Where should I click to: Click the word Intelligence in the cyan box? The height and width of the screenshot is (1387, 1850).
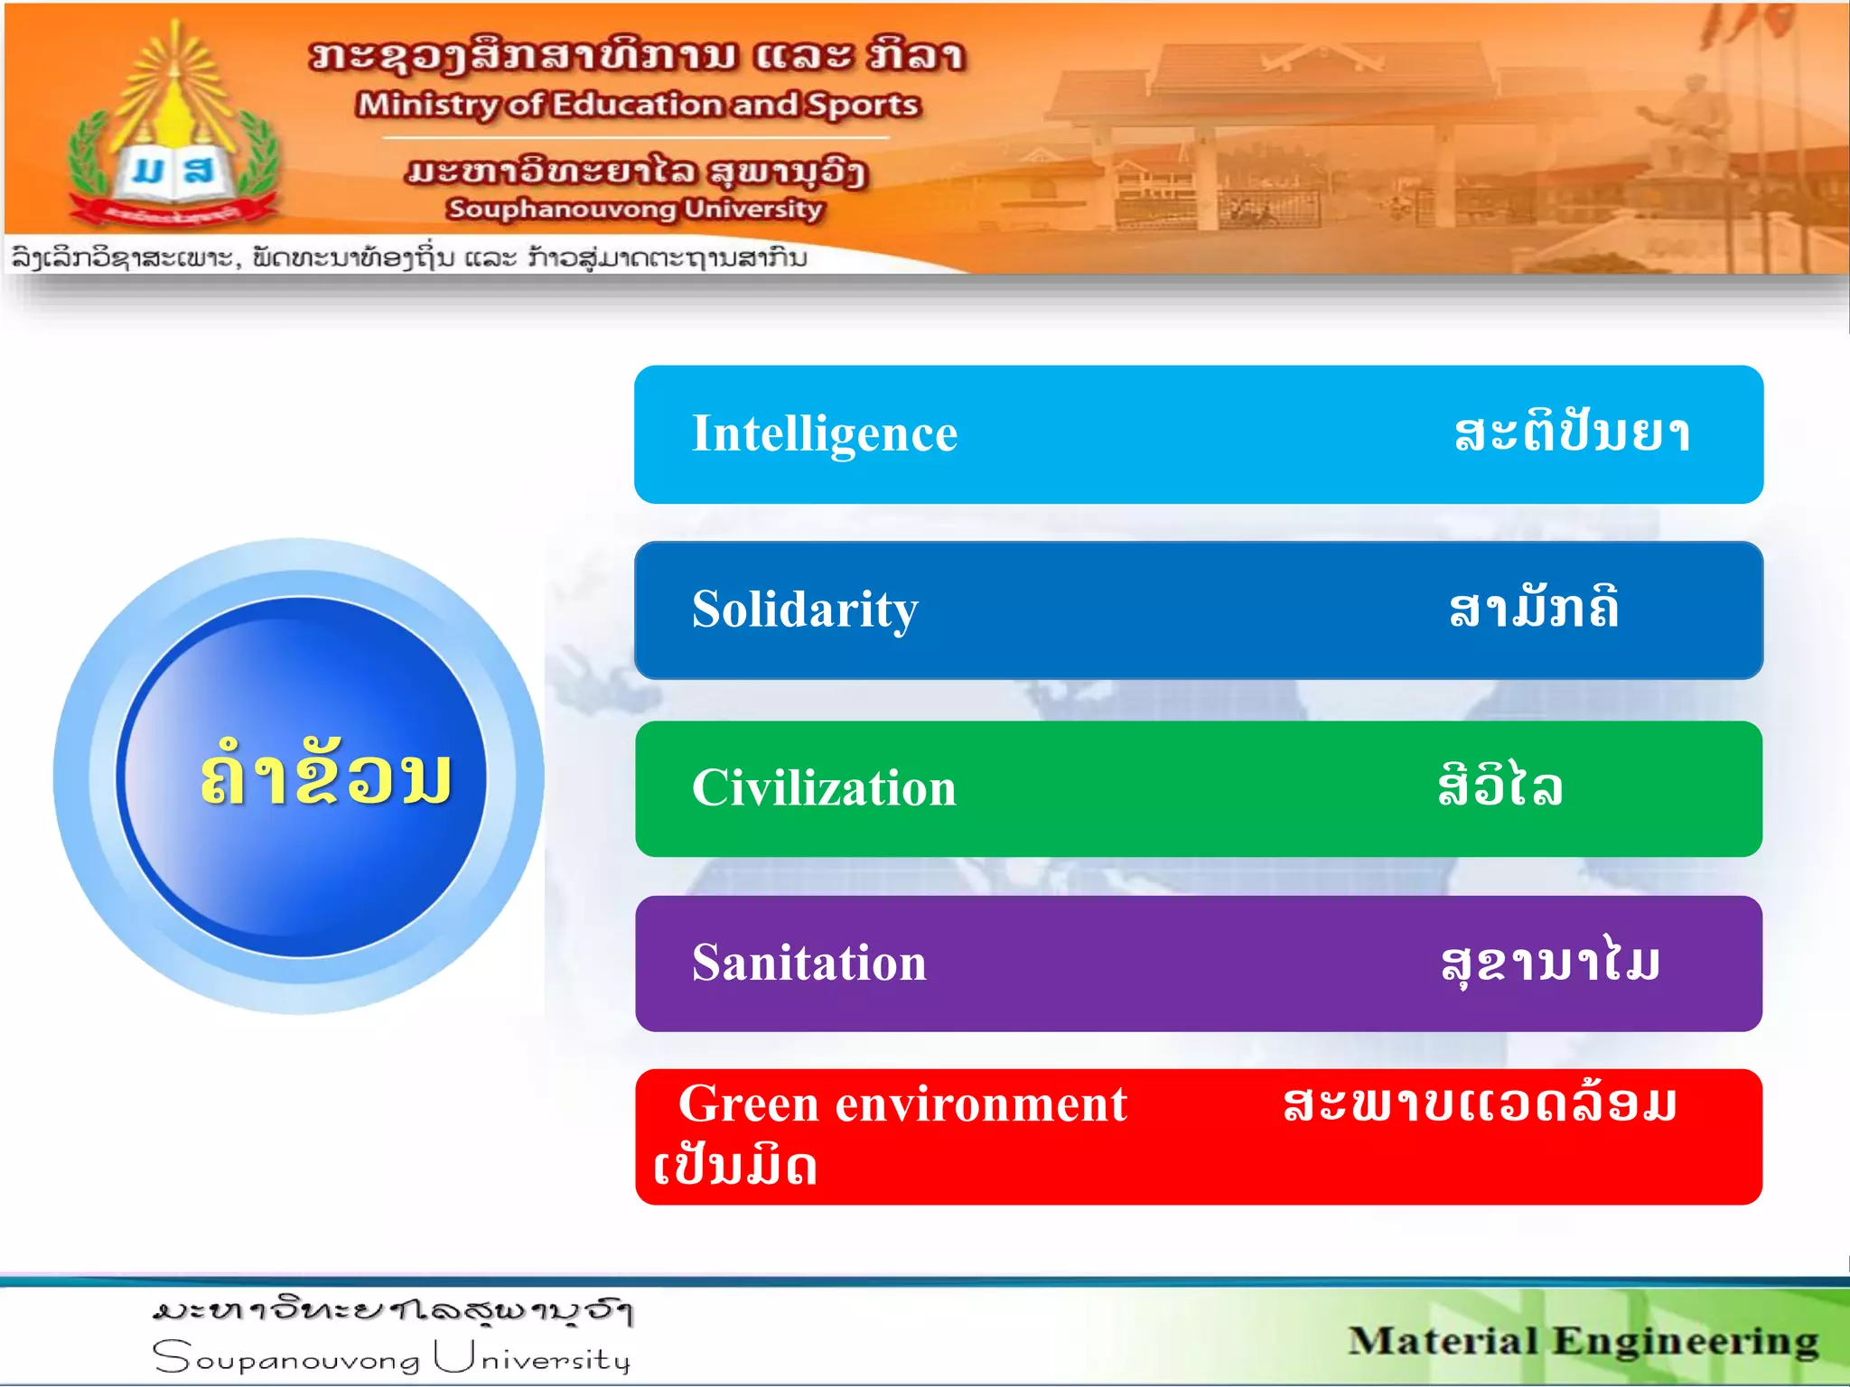pyautogui.click(x=824, y=434)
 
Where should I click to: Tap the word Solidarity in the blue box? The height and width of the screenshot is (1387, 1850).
pyautogui.click(x=804, y=610)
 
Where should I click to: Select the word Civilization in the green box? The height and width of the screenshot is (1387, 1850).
pyautogui.click(x=823, y=788)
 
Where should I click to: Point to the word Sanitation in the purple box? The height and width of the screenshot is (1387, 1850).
pyautogui.click(x=808, y=963)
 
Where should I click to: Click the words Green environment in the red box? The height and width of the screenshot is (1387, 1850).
pyautogui.click(x=902, y=1104)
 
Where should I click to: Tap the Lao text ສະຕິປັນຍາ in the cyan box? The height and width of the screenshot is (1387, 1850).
pyautogui.click(x=1572, y=433)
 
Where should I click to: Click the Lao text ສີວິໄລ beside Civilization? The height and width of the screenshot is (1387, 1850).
pyautogui.click(x=1500, y=786)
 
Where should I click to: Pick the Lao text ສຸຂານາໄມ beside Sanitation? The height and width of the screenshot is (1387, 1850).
pyautogui.click(x=1550, y=963)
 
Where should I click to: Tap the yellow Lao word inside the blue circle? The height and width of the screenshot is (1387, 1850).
pyautogui.click(x=325, y=775)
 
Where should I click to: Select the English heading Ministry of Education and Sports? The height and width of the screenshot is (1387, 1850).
pyautogui.click(x=638, y=105)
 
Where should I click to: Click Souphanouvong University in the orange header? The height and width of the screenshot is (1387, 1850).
pyautogui.click(x=634, y=209)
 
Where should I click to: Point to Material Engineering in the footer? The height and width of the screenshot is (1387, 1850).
pyautogui.click(x=1583, y=1341)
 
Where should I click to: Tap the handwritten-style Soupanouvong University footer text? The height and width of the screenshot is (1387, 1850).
pyautogui.click(x=391, y=1358)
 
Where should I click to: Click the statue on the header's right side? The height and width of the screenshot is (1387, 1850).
pyautogui.click(x=1687, y=126)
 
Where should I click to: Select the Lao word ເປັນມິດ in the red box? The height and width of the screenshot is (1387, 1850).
pyautogui.click(x=735, y=1167)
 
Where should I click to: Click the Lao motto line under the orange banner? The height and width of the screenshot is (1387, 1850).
pyautogui.click(x=408, y=258)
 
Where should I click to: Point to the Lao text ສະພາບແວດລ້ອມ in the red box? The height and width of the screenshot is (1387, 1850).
pyautogui.click(x=1479, y=1104)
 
